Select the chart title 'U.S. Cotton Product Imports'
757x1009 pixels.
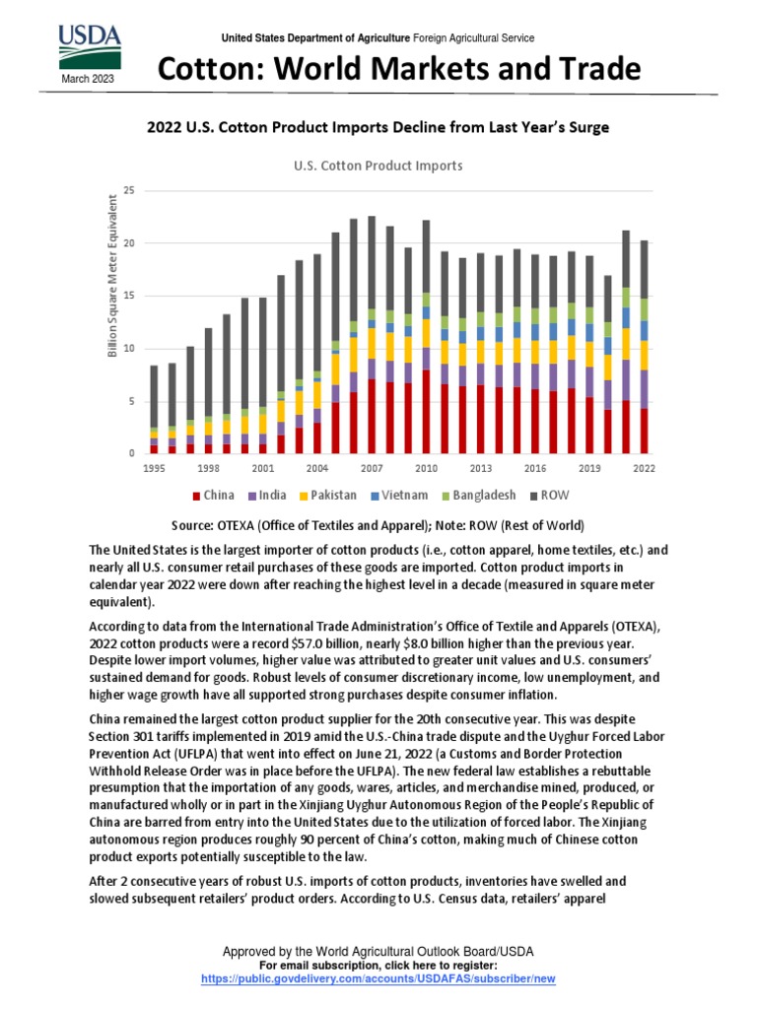click(x=378, y=166)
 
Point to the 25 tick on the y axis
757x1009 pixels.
click(x=128, y=189)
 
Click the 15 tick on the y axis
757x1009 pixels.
click(x=128, y=296)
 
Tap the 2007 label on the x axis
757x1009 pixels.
click(x=372, y=468)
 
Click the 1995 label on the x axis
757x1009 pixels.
click(x=154, y=468)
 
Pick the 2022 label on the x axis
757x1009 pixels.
click(x=644, y=468)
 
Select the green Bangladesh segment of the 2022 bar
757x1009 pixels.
click(x=644, y=309)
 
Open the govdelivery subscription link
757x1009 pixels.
click(x=378, y=978)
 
